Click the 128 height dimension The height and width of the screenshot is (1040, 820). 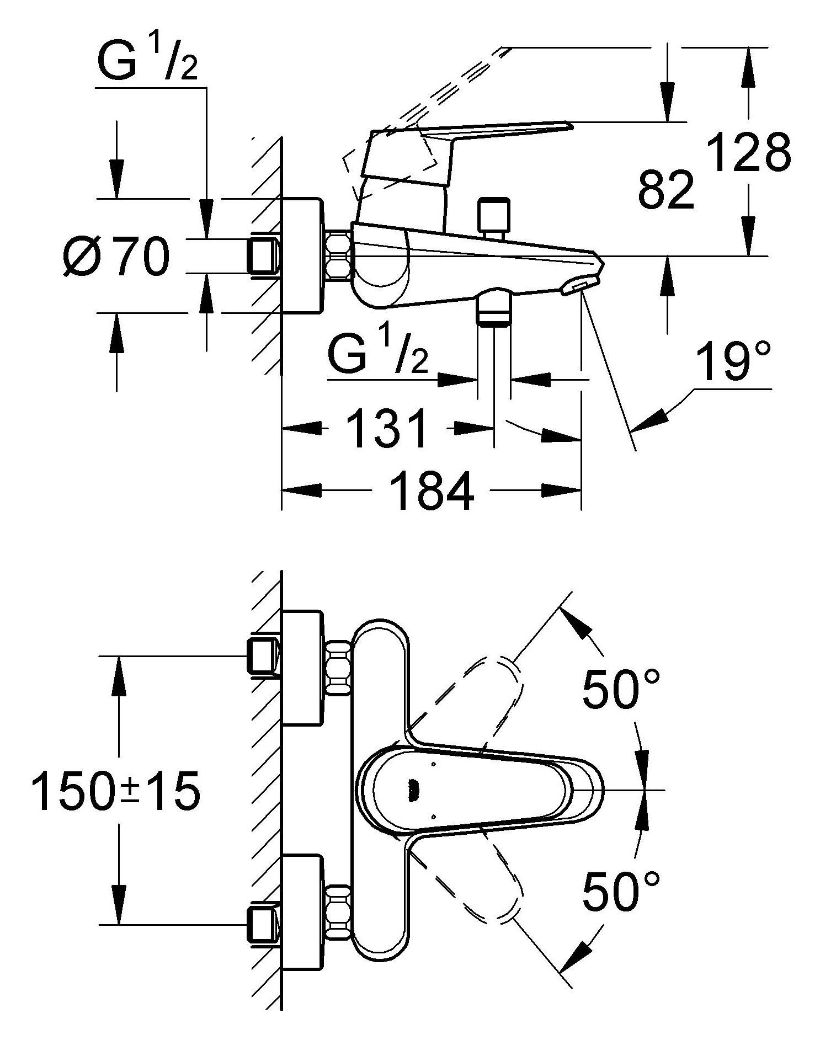point(749,152)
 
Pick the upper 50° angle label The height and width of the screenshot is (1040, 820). point(621,689)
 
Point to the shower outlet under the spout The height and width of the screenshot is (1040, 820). point(494,311)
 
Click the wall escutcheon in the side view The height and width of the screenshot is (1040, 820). point(301,256)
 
